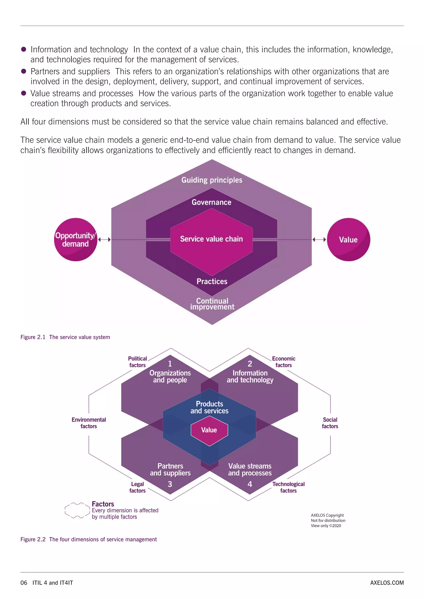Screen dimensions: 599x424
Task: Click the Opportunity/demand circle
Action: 75,240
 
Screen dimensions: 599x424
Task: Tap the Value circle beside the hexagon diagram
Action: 348,240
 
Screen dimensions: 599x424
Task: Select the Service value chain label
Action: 211,239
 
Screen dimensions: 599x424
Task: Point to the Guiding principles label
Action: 212,180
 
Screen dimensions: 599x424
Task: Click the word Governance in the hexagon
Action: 211,202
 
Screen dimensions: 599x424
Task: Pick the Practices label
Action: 212,281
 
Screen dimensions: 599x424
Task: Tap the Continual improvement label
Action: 212,304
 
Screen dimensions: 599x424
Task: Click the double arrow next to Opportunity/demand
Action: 104,240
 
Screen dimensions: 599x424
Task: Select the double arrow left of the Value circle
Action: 319,240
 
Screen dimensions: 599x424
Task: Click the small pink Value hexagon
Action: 209,430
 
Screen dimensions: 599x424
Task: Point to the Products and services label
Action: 209,407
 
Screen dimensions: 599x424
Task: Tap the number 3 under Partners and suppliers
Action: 170,484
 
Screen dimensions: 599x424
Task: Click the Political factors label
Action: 138,362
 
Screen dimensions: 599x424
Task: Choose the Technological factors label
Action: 288,487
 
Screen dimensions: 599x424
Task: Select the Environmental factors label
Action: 89,423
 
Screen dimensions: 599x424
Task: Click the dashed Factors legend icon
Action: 77,510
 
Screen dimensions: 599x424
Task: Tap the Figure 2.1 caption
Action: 65,337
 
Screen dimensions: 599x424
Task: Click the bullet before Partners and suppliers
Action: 23,71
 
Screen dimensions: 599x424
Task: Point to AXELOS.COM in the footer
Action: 387,583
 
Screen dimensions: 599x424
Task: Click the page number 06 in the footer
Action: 24,583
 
